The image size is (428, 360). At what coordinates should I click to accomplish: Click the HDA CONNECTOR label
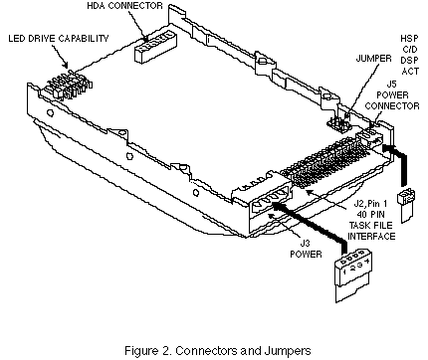[124, 6]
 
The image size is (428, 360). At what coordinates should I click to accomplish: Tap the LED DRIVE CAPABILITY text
[59, 39]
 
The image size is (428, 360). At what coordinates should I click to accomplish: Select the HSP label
[409, 39]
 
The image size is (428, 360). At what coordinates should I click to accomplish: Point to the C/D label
[410, 50]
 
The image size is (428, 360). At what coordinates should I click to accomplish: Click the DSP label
[409, 61]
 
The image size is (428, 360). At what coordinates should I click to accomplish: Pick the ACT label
[410, 72]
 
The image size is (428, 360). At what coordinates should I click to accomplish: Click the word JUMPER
[373, 59]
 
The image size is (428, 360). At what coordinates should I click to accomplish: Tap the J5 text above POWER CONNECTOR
[392, 84]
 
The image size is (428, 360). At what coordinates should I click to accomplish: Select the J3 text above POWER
[306, 244]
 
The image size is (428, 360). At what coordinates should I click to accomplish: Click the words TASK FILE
[370, 225]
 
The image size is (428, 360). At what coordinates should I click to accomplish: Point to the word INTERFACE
[371, 236]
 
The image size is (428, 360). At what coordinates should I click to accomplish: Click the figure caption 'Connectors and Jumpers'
[243, 350]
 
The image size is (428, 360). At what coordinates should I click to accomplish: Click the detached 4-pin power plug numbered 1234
[352, 276]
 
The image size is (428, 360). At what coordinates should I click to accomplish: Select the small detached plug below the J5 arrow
[407, 206]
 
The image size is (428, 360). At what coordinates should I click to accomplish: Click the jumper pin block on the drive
[338, 124]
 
